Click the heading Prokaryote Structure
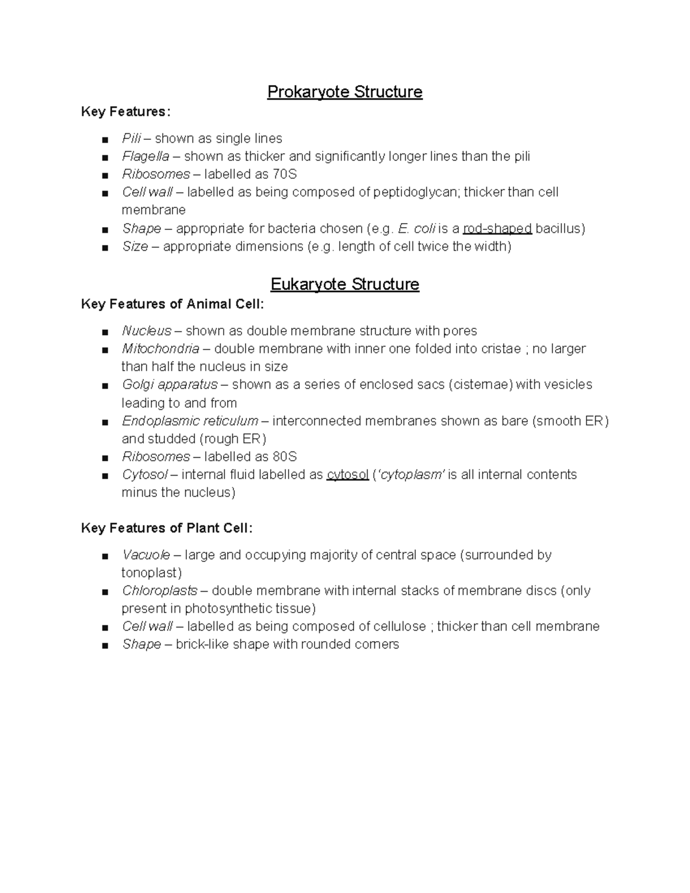click(x=344, y=92)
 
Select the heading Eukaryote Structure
click(x=344, y=285)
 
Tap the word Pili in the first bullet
click(x=131, y=139)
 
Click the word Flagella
click(x=145, y=156)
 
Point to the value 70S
click(x=285, y=174)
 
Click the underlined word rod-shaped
click(x=497, y=229)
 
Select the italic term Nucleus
click(x=147, y=331)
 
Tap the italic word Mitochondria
click(x=160, y=349)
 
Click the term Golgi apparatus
click(x=170, y=385)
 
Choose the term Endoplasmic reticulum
click(x=190, y=421)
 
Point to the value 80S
click(x=285, y=457)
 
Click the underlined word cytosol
click(x=347, y=475)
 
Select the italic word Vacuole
click(x=146, y=555)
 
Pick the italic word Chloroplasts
click(x=159, y=591)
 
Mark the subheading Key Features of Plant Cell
click(x=167, y=528)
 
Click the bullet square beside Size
click(x=104, y=248)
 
